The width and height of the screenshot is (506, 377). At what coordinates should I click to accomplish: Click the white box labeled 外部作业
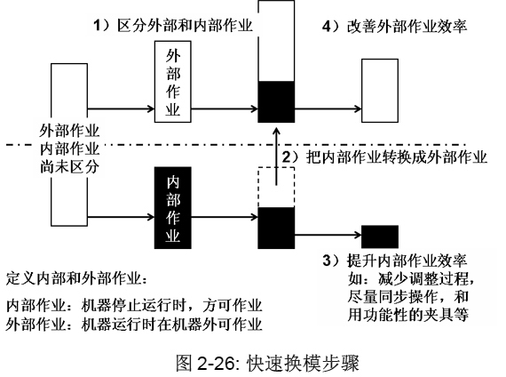[172, 82]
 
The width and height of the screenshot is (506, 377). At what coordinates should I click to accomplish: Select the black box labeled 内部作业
[172, 208]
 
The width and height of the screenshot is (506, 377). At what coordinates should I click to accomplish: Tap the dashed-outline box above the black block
[276, 187]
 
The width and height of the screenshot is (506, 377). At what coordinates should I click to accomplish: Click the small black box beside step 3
[380, 237]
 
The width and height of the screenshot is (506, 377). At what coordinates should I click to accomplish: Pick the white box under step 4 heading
[380, 91]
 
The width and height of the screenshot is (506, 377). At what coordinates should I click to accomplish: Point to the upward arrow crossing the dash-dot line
[276, 156]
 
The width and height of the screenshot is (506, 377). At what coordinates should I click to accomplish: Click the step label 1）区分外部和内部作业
[172, 25]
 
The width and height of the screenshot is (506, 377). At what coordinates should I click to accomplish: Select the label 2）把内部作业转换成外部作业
[384, 157]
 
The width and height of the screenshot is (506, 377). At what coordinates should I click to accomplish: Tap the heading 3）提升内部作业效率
[395, 261]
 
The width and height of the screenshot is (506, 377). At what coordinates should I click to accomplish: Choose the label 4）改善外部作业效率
[394, 26]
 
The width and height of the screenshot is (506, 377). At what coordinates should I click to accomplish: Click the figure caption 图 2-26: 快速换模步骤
[267, 363]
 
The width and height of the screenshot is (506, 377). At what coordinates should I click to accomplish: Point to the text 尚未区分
[69, 167]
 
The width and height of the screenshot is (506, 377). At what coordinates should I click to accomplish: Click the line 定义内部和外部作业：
[77, 278]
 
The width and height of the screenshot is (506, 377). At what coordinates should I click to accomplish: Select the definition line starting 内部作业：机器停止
[134, 306]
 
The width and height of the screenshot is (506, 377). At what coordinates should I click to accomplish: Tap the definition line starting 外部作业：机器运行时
[134, 325]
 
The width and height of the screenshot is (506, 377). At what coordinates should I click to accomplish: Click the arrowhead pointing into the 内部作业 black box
[152, 217]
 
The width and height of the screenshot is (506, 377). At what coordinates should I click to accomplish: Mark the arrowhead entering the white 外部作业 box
[152, 108]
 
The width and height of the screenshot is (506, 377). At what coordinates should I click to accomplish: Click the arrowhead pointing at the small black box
[359, 235]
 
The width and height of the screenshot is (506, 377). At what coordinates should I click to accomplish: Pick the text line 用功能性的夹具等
[407, 315]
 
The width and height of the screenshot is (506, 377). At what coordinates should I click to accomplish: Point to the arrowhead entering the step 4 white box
[359, 108]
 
